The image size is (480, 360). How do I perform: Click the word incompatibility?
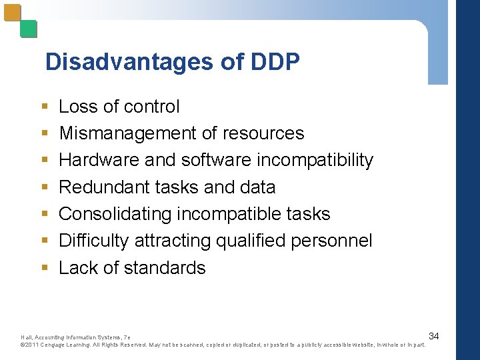tap(315, 160)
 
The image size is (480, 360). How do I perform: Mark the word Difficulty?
tap(94, 241)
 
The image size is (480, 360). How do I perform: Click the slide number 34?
tap(433, 335)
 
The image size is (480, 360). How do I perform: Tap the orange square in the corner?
tap(12, 13)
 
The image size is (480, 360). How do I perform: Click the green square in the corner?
tap(29, 29)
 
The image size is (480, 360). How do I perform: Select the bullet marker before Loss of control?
tap(44, 107)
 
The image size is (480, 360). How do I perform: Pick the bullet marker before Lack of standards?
tap(44, 269)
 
